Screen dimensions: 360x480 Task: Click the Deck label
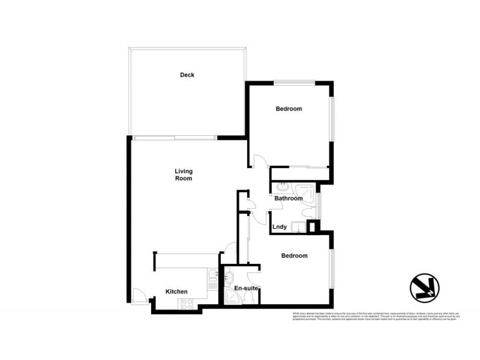coord(187,75)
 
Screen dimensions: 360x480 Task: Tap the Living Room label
coord(183,175)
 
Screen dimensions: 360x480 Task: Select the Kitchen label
coord(176,292)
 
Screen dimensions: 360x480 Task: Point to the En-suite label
coord(246,289)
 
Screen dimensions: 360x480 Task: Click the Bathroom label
coord(289,198)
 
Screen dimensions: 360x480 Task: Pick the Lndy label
coord(279,227)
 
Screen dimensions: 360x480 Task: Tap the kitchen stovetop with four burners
coord(185,304)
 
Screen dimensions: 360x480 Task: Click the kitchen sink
coord(212,277)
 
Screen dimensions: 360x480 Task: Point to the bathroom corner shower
coord(307,191)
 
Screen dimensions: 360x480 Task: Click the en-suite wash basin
coord(228,277)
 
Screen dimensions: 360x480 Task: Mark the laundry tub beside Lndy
coord(297,226)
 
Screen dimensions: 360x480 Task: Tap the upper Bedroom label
coord(289,109)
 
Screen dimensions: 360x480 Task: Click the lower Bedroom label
coord(295,256)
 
